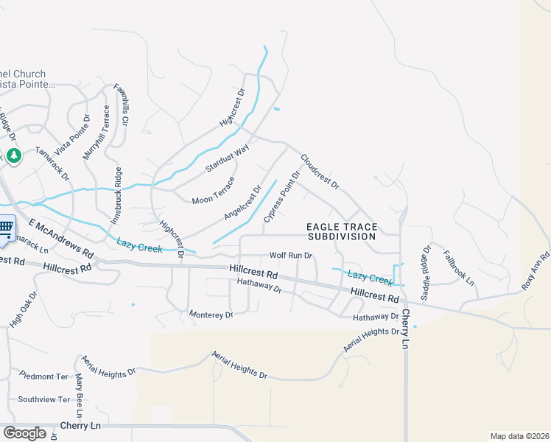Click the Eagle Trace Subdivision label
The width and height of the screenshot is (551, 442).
(342, 231)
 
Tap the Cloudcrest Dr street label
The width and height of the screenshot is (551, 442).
(319, 171)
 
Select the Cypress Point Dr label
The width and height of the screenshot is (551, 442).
(282, 196)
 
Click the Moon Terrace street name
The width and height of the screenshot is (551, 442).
(213, 190)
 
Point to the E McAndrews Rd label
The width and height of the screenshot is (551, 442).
(62, 238)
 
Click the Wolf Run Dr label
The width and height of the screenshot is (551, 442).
(291, 255)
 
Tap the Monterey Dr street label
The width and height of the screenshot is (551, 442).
(211, 315)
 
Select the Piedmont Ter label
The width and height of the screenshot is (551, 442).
(43, 375)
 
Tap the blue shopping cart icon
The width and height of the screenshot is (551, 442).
(6, 228)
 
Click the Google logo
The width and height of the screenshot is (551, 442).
(24, 433)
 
